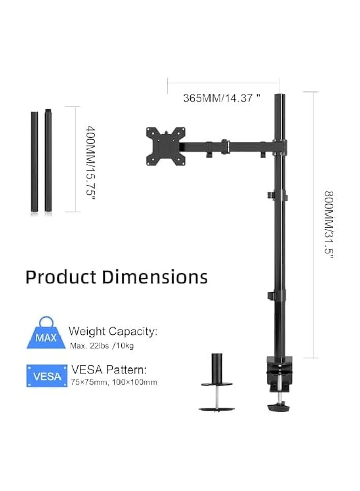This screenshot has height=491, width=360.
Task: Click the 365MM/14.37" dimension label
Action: [x=221, y=98]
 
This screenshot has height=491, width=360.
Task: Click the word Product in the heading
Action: [x=61, y=277]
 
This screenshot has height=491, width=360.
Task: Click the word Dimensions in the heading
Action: [x=155, y=277]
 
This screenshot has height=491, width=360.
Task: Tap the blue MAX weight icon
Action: [x=46, y=333]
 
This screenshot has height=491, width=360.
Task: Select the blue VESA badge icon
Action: [x=47, y=376]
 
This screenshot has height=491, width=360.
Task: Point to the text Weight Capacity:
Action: [x=113, y=332]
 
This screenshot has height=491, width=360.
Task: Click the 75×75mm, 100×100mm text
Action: [x=114, y=382]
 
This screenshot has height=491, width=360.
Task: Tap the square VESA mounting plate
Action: [x=164, y=145]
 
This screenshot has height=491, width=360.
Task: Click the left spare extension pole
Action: [x=34, y=161]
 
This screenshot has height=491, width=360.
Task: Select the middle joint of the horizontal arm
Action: [x=224, y=146]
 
